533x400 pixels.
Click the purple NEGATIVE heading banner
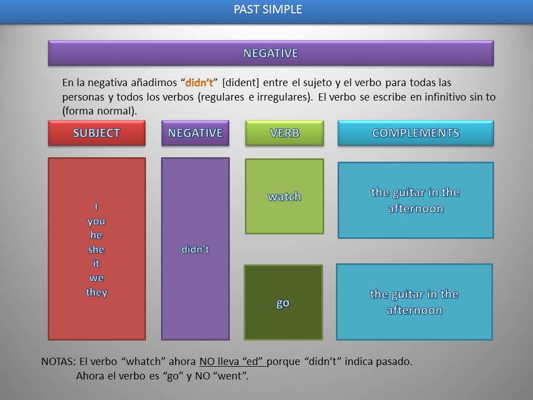tap(270, 53)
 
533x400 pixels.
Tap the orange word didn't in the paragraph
tap(199, 83)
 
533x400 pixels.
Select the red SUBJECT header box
tap(97, 133)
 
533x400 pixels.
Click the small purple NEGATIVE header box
tap(195, 133)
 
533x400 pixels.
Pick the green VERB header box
tap(284, 133)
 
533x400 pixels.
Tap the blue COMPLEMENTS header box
tap(415, 133)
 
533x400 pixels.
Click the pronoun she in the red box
tap(96, 249)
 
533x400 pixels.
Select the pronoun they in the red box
tap(97, 292)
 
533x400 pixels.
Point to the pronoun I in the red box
tap(96, 207)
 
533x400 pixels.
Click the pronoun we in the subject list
tap(96, 278)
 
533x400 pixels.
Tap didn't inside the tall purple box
tap(195, 249)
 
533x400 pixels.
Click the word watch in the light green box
tap(284, 197)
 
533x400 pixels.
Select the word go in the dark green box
tap(283, 303)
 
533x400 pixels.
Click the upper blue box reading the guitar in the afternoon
tap(415, 200)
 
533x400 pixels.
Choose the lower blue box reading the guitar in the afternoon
tap(414, 302)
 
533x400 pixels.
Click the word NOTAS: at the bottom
tap(58, 362)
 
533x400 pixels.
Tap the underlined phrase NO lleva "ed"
tap(233, 362)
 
